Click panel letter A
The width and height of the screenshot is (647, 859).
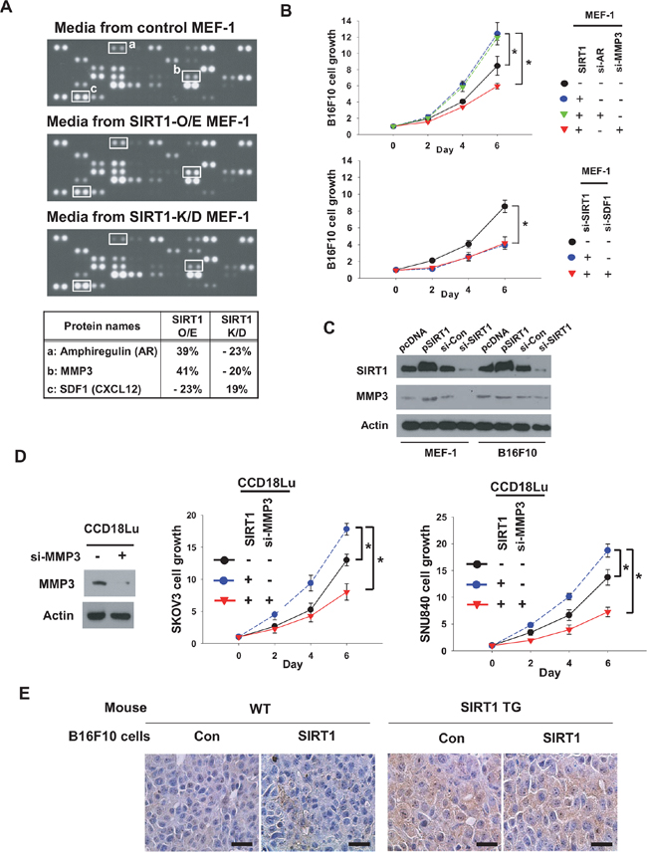[10, 10]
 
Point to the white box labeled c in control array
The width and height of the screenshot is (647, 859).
[73, 96]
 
